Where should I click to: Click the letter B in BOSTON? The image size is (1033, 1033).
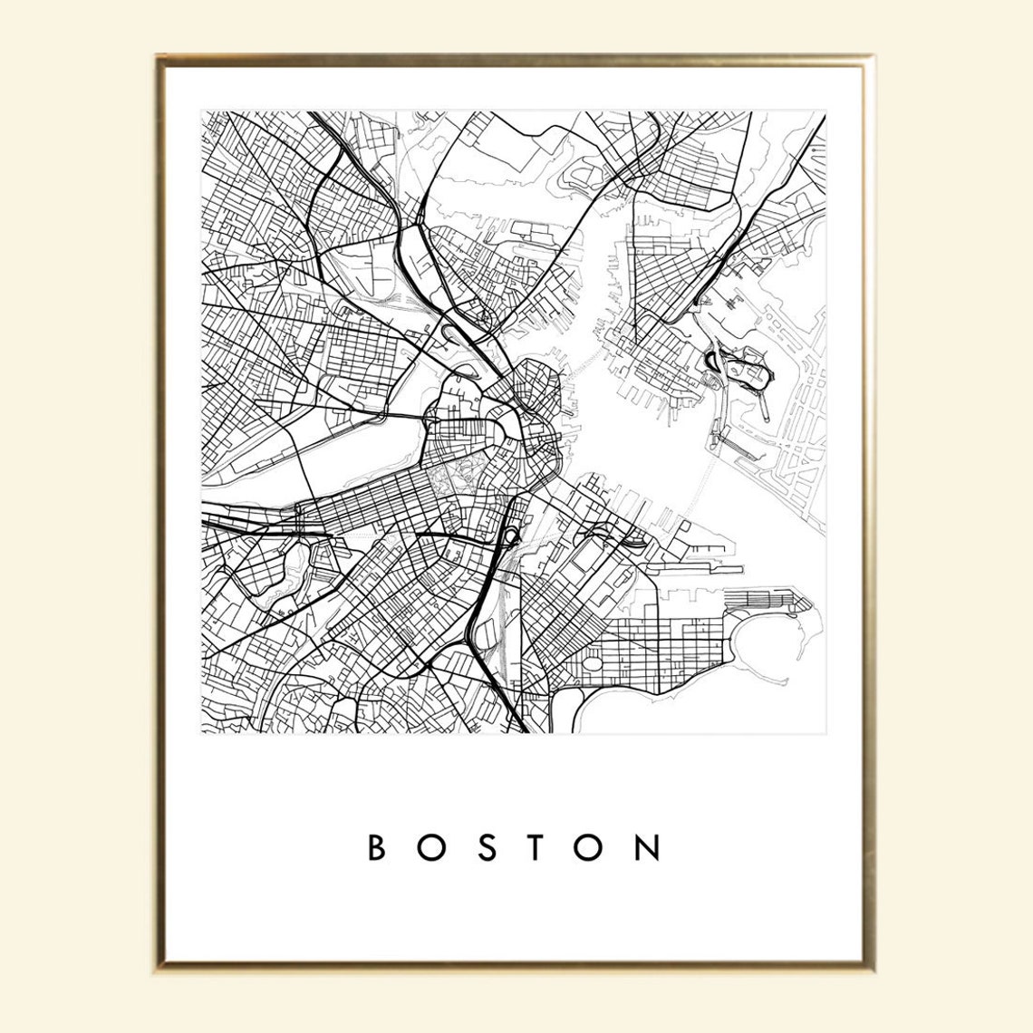tap(378, 847)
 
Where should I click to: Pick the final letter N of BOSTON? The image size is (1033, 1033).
tap(648, 847)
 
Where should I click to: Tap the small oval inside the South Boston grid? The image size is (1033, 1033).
tap(594, 662)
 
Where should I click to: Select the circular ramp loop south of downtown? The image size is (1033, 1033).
tap(509, 536)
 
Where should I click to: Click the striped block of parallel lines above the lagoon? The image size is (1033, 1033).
tap(761, 598)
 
